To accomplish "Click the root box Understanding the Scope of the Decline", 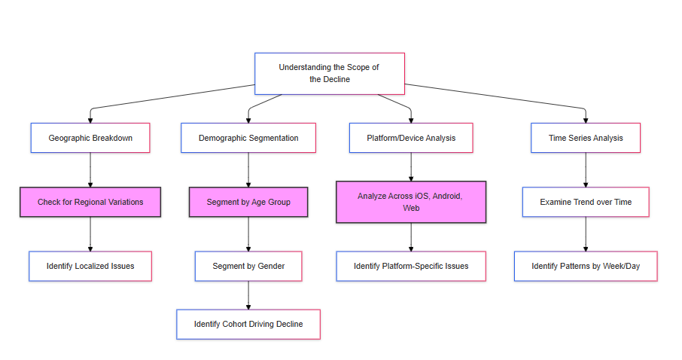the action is pyautogui.click(x=329, y=74).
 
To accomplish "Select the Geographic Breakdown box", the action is pyautogui.click(x=90, y=138).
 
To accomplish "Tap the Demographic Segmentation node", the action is pyautogui.click(x=248, y=138).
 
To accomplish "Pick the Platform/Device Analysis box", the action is pyautogui.click(x=411, y=138).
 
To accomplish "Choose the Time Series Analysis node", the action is pyautogui.click(x=586, y=138).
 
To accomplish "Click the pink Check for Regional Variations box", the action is pyautogui.click(x=90, y=202).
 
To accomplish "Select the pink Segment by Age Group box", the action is pyautogui.click(x=248, y=202).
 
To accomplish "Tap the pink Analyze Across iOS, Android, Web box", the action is pyautogui.click(x=411, y=202).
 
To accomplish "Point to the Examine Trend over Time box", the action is pyautogui.click(x=586, y=202).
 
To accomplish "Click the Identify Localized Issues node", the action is pyautogui.click(x=90, y=266).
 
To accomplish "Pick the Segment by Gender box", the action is pyautogui.click(x=248, y=266).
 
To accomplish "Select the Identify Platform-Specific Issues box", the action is pyautogui.click(x=411, y=266).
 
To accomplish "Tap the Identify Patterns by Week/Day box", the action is pyautogui.click(x=586, y=266).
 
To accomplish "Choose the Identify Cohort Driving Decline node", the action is pyautogui.click(x=248, y=325).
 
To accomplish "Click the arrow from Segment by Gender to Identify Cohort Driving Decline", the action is pyautogui.click(x=248, y=295).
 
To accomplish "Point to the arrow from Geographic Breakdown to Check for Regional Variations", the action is pyautogui.click(x=90, y=170).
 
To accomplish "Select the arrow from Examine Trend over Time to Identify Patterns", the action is pyautogui.click(x=586, y=234).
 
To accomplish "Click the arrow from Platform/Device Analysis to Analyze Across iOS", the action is pyautogui.click(x=411, y=167).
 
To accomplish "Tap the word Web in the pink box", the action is pyautogui.click(x=411, y=208).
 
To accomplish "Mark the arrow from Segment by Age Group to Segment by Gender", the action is pyautogui.click(x=248, y=234).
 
